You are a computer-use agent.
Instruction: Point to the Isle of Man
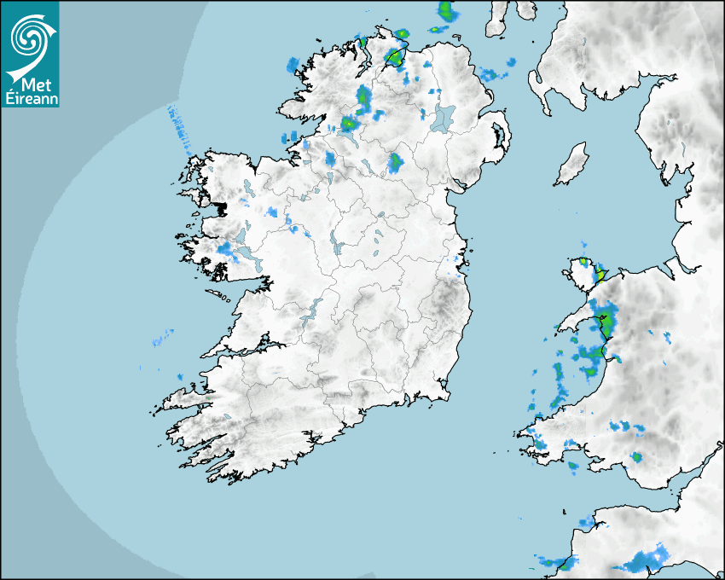(x=572, y=164)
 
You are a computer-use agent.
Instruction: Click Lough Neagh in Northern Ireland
(x=444, y=117)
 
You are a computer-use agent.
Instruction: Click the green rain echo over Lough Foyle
(x=394, y=56)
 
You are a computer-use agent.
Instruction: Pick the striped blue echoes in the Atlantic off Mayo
(x=178, y=123)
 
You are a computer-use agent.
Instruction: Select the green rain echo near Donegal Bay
(x=348, y=123)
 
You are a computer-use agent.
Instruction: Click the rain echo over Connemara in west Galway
(x=226, y=249)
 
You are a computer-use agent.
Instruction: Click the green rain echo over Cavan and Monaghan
(x=395, y=161)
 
